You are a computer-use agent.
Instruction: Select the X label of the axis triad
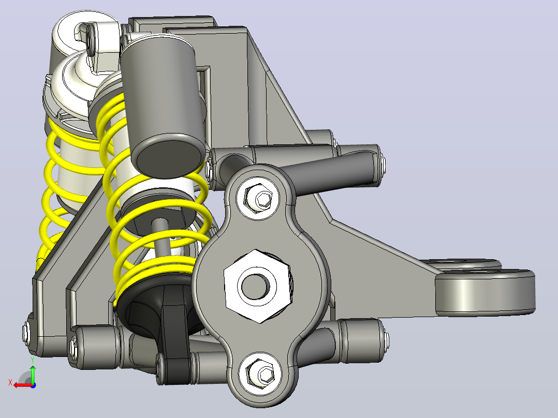click(x=10, y=383)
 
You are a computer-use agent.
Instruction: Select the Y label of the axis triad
click(x=33, y=360)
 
